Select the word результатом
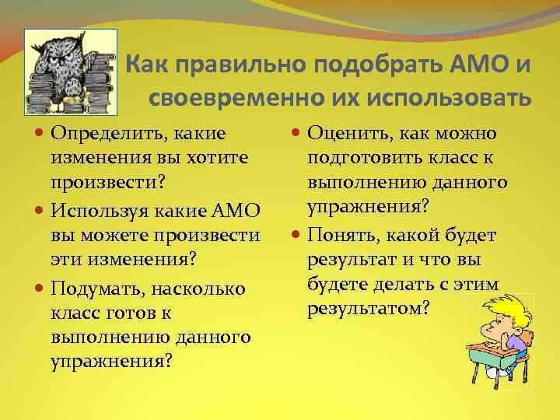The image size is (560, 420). [x=368, y=308]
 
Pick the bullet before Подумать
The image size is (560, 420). [x=40, y=289]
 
